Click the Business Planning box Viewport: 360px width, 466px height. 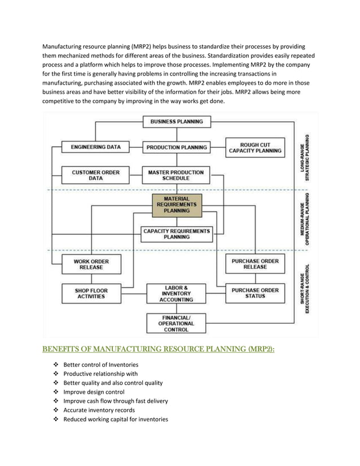pyautogui.click(x=177, y=121)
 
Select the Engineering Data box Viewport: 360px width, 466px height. pyautogui.click(x=95, y=147)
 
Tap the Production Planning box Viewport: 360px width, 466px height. pyautogui.click(x=177, y=147)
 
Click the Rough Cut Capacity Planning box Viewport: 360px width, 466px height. pyautogui.click(x=254, y=147)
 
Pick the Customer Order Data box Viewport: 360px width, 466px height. pyautogui.click(x=95, y=175)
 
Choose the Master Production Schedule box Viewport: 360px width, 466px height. pyautogui.click(x=177, y=175)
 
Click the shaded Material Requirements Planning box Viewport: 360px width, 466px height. pyautogui.click(x=177, y=205)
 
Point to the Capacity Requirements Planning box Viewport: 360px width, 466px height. pyautogui.click(x=177, y=234)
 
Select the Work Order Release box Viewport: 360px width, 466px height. pyautogui.click(x=91, y=264)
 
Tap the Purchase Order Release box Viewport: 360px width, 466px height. pyautogui.click(x=254, y=264)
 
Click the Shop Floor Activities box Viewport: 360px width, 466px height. pyautogui.click(x=91, y=293)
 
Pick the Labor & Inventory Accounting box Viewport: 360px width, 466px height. pyautogui.click(x=177, y=293)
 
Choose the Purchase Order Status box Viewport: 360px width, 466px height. pyautogui.click(x=254, y=293)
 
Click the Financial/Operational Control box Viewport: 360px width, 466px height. pyautogui.click(x=177, y=324)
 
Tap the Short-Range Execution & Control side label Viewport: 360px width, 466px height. pyautogui.click(x=305, y=289)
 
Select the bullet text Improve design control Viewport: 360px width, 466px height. pyautogui.click(x=94, y=392)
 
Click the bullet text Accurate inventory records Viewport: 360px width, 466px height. pyautogui.click(x=99, y=410)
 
